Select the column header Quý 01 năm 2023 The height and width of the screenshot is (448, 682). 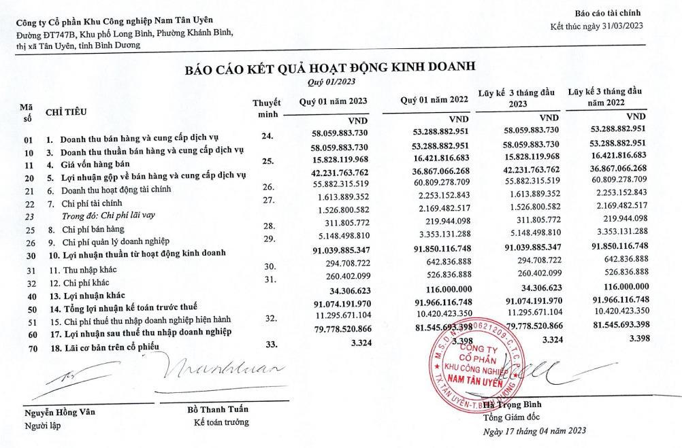(x=334, y=101)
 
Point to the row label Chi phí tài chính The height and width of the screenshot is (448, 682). (x=93, y=203)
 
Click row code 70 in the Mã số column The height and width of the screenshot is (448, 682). (x=29, y=347)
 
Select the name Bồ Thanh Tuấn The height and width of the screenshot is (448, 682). (x=218, y=409)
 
